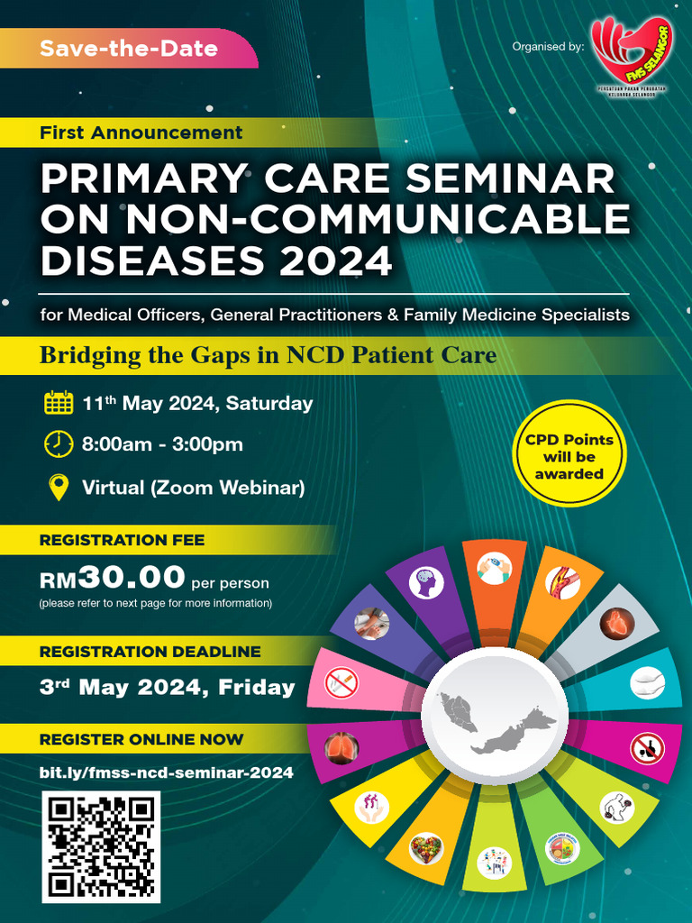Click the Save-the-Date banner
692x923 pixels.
click(x=128, y=48)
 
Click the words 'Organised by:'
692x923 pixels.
click(x=548, y=46)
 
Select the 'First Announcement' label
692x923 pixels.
click(x=141, y=133)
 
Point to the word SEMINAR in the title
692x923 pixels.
click(x=511, y=178)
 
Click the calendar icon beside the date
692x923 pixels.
click(x=59, y=402)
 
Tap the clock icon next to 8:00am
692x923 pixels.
click(x=59, y=443)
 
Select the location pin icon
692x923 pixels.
click(x=59, y=488)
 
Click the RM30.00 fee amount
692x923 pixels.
click(x=114, y=577)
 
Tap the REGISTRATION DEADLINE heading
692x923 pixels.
click(x=150, y=651)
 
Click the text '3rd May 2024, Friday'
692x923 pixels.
click(x=168, y=688)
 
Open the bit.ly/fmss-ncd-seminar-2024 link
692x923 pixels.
click(x=167, y=772)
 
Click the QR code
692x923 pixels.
click(x=101, y=847)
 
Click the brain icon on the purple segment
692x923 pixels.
click(x=426, y=582)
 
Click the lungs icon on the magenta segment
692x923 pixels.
click(x=342, y=748)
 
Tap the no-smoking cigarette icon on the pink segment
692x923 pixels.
click(x=341, y=682)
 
